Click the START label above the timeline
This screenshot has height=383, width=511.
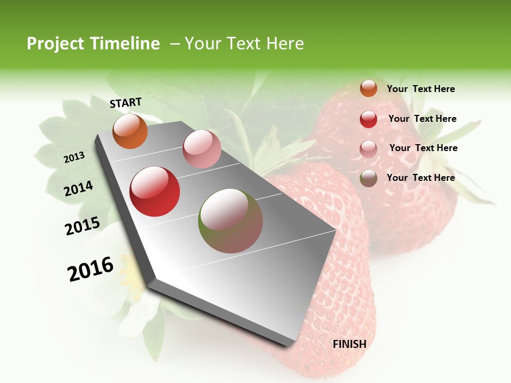(126, 103)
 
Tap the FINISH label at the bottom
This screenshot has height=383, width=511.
(349, 344)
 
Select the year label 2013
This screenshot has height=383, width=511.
(75, 157)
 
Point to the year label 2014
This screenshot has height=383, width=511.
(79, 188)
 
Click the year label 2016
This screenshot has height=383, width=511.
(90, 269)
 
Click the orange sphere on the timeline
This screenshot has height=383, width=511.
(130, 131)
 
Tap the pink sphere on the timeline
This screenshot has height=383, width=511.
(202, 149)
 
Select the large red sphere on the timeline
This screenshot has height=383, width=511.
(155, 191)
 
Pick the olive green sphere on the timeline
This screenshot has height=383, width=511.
(230, 221)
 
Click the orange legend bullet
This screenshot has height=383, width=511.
(368, 88)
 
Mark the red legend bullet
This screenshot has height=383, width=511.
(368, 119)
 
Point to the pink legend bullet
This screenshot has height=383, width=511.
(368, 149)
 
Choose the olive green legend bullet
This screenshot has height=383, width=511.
(368, 178)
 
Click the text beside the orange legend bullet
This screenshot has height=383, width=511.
(421, 89)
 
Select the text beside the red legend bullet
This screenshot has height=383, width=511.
(422, 119)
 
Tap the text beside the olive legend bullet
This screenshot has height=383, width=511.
(421, 178)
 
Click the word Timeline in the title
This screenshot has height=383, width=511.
(126, 44)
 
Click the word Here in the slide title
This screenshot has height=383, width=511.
(285, 44)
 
